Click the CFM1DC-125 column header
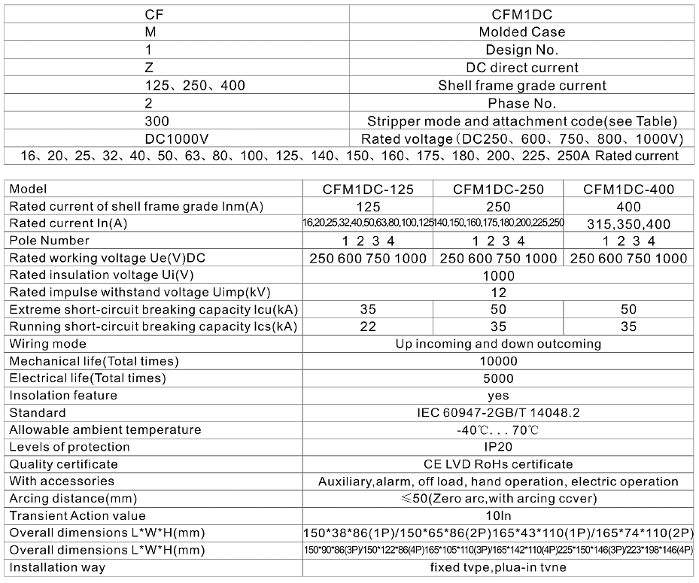point(368,190)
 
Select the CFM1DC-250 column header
point(498,190)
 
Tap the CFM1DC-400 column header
point(628,190)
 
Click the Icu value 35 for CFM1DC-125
point(368,309)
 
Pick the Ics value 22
point(368,326)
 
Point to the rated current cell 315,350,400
point(628,223)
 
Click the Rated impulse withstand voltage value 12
point(498,293)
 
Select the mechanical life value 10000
point(498,361)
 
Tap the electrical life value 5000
point(498,378)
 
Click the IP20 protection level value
point(498,447)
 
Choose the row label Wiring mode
point(47,344)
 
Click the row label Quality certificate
point(64,464)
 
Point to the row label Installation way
point(57,567)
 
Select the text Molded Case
point(522,32)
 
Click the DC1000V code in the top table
point(177,139)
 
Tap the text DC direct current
point(522,68)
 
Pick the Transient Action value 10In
point(498,516)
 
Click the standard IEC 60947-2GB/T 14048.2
point(498,413)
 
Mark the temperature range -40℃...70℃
point(498,430)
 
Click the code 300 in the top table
point(157,121)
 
